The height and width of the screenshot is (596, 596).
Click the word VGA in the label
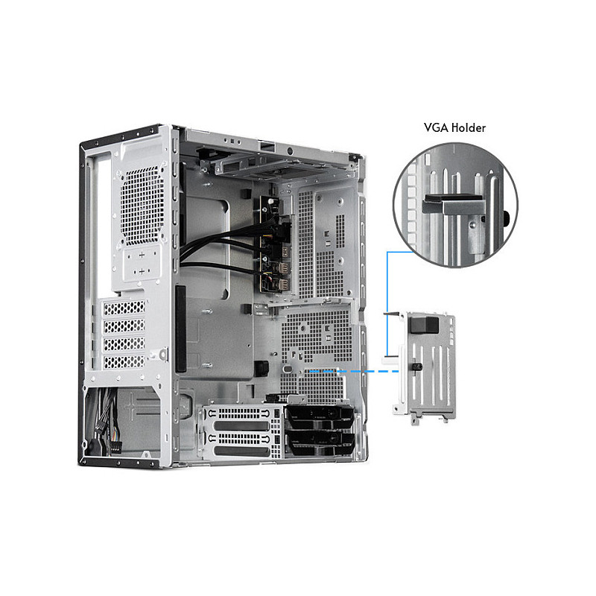tap(437, 127)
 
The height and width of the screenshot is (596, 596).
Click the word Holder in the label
tap(469, 127)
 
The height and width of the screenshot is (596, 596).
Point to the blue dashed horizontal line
tap(354, 371)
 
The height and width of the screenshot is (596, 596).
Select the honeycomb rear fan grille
tap(142, 206)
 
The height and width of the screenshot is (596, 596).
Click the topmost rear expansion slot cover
tap(124, 308)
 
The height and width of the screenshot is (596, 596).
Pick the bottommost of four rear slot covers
tap(124, 362)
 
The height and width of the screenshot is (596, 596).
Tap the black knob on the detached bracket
tap(417, 367)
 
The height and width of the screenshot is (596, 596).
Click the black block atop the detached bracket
tap(424, 325)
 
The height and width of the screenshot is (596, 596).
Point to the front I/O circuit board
tap(274, 244)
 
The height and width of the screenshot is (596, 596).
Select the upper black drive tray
tap(320, 416)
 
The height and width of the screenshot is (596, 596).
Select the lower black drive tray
tap(320, 443)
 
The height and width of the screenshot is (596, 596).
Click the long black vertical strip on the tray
tap(180, 329)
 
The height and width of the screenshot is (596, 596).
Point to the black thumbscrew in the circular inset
tap(506, 218)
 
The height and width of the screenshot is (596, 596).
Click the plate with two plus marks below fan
tap(142, 263)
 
